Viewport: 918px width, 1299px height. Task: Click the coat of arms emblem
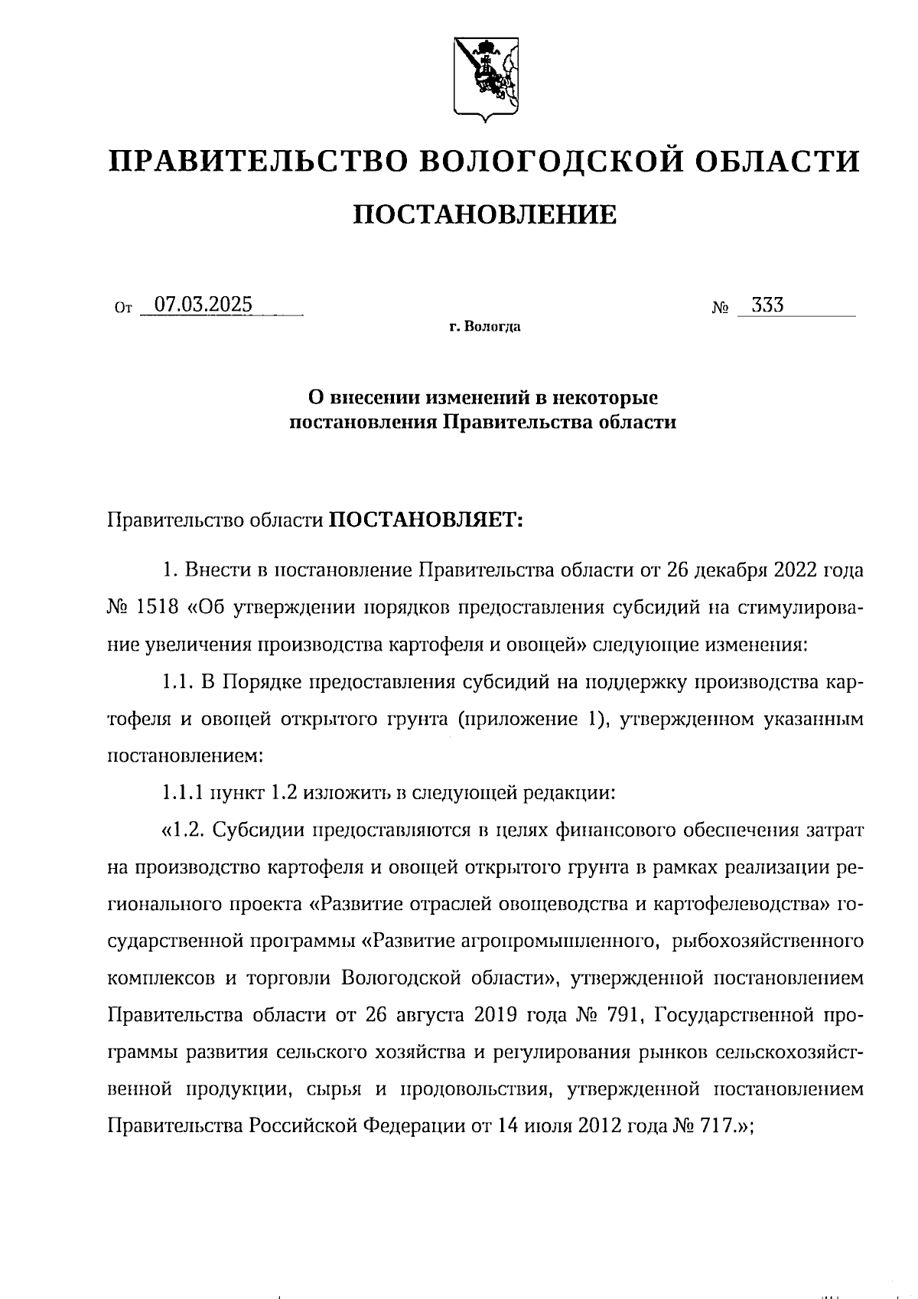(x=483, y=77)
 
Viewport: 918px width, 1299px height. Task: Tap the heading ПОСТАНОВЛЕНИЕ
(x=484, y=215)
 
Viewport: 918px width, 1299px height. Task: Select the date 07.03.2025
(x=203, y=305)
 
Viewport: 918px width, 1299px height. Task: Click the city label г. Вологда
(x=485, y=328)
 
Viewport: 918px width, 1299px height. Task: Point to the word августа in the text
(x=430, y=1015)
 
